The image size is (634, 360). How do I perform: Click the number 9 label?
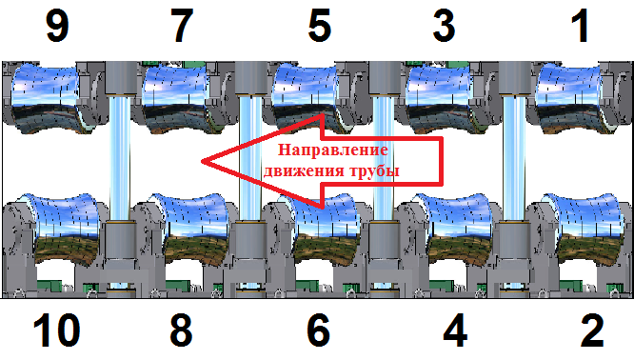pos(57,27)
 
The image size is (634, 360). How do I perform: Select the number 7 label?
pos(182,27)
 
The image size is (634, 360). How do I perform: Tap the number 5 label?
pos(320,27)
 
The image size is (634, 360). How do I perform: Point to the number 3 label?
pos(444,27)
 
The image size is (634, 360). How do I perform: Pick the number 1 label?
pos(581,27)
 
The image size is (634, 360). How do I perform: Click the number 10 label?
pos(56,330)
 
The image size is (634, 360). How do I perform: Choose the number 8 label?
pos(181,330)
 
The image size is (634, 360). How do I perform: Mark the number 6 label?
pos(319,330)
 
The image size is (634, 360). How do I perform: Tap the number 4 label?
pos(455,330)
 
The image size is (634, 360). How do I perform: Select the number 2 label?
pos(592,330)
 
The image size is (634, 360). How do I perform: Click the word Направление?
pos(333,150)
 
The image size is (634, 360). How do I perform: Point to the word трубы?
pos(375,170)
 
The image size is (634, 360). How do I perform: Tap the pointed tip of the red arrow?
pos(202,161)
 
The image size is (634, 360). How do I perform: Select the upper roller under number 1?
pos(568,98)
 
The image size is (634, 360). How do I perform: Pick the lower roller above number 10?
pos(65,230)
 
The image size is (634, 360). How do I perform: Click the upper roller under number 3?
pos(439,98)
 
